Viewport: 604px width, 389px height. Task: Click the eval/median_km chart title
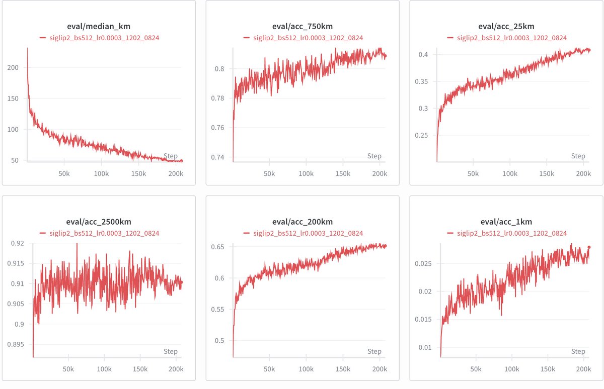click(x=99, y=27)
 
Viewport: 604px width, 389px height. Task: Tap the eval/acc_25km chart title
click(x=506, y=27)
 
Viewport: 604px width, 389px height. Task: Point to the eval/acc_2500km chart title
click(x=99, y=222)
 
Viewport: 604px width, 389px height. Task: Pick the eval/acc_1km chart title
click(x=506, y=222)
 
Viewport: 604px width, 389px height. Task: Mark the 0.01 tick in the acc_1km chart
click(x=425, y=347)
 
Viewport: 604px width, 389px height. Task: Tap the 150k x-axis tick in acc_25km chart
click(x=547, y=173)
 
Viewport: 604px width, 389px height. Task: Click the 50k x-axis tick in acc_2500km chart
click(x=68, y=369)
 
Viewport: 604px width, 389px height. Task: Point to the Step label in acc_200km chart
click(x=374, y=351)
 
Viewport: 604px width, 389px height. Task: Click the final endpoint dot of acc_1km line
click(x=589, y=247)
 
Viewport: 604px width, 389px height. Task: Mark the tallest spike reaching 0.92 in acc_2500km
click(x=77, y=244)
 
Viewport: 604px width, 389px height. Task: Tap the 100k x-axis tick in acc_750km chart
click(x=306, y=173)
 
